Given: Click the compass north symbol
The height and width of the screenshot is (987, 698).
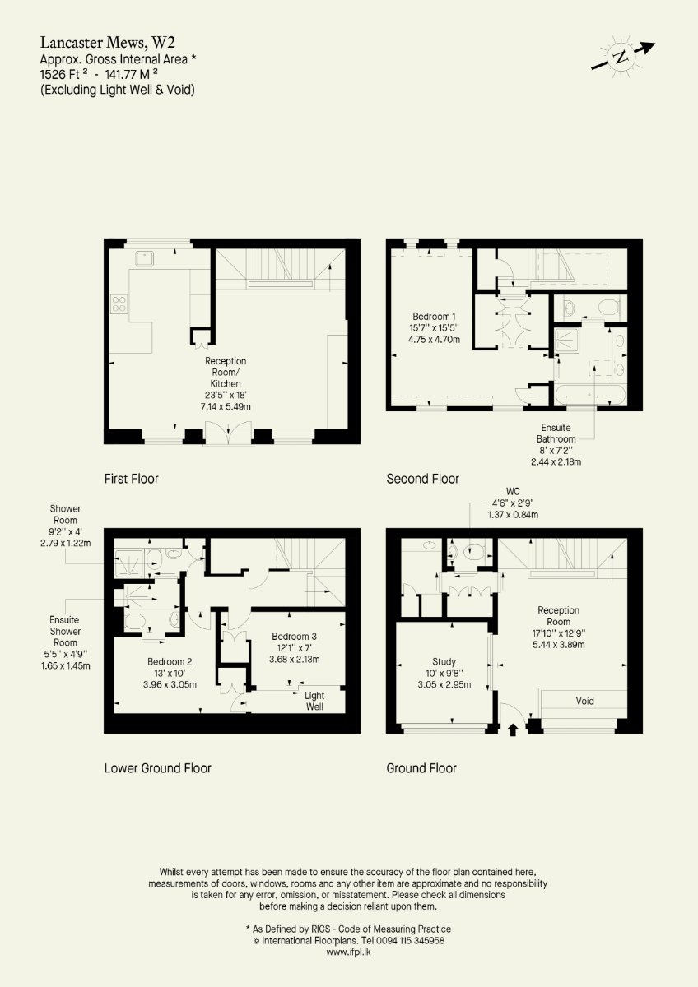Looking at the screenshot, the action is (x=622, y=57).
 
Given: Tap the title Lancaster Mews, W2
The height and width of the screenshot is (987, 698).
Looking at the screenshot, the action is (x=108, y=42).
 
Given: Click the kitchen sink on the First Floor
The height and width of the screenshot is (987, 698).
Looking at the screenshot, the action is (x=145, y=258).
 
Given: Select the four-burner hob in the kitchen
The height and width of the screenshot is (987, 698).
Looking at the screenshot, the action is (x=119, y=304).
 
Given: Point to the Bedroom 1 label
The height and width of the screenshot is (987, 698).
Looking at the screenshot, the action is (x=435, y=328).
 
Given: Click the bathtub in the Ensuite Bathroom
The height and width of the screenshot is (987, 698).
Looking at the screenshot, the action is (x=590, y=396).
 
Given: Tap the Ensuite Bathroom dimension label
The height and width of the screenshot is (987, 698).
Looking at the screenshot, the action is (x=556, y=445).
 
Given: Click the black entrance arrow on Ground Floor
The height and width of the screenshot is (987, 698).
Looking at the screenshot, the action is (x=512, y=730).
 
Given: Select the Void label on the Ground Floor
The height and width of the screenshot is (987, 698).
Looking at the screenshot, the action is (x=584, y=701).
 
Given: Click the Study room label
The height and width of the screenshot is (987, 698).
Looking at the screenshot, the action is (x=444, y=673).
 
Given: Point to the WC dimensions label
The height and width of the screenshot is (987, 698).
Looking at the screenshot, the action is (x=513, y=503).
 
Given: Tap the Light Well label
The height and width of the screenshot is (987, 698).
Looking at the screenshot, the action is (x=314, y=701).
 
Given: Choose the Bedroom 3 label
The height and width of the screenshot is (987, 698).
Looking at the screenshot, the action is (x=294, y=648).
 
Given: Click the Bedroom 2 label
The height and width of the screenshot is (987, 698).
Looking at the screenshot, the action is (x=170, y=673).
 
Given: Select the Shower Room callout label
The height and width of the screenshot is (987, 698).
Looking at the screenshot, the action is (x=65, y=526).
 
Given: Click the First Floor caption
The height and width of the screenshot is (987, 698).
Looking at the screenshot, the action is (x=132, y=479).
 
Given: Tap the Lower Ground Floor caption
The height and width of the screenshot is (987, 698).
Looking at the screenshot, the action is (x=158, y=768).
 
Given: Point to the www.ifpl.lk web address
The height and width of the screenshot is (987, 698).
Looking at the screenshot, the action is (x=348, y=952).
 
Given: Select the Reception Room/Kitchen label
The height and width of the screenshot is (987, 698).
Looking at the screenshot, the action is (x=226, y=383).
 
